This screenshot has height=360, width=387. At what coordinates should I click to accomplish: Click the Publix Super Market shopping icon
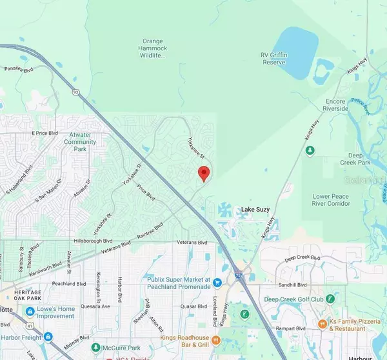tap(217, 282)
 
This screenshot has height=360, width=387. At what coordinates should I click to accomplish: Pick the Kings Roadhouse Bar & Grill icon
tap(217, 339)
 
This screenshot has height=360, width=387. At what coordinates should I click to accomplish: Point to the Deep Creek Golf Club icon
tap(330, 299)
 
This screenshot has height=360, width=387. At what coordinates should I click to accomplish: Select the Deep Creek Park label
tap(361, 159)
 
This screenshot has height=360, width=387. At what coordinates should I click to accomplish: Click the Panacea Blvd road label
tap(18, 69)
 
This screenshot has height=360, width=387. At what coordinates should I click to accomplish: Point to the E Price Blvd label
tap(45, 133)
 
